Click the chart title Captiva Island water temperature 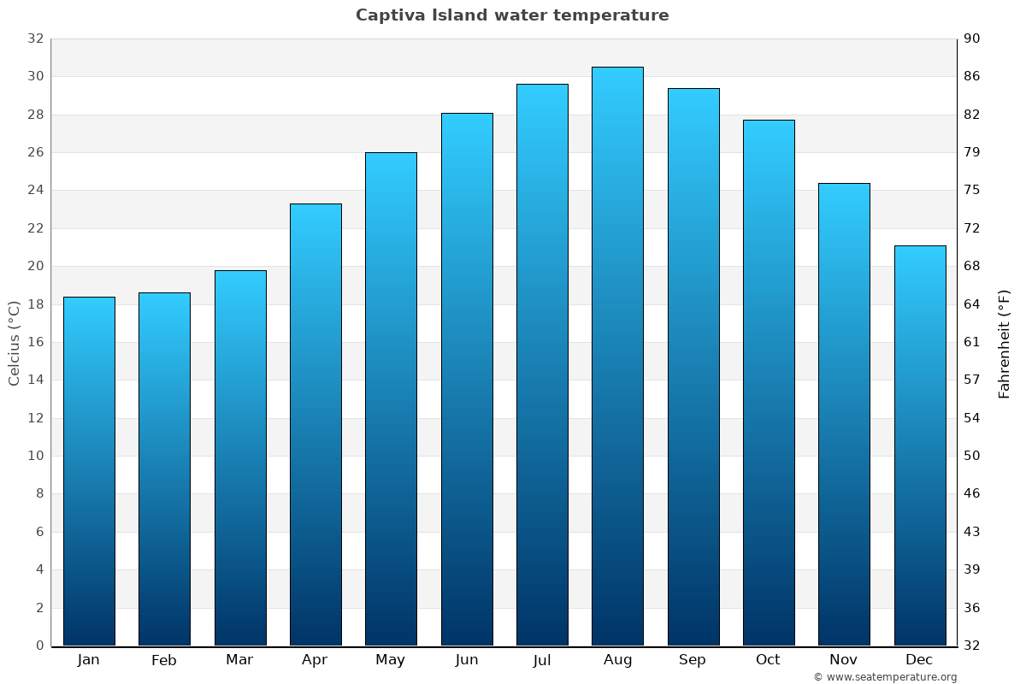pos(512,15)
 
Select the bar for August pos(617,356)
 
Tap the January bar pos(89,471)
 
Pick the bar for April pos(315,424)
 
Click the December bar pos(920,445)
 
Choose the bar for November pos(844,414)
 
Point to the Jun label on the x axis pos(467,660)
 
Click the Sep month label pos(693,660)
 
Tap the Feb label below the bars pos(164,660)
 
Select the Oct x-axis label pos(768,660)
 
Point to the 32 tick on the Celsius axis pos(35,38)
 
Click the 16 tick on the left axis pos(35,342)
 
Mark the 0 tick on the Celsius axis pos(39,646)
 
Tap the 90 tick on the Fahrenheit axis pos(973,38)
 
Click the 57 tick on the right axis pos(973,380)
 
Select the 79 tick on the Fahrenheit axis pos(973,152)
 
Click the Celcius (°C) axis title pos(15,343)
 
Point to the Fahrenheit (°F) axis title pos(1005,343)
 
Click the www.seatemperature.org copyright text pos(885,677)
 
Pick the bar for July pos(542,364)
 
